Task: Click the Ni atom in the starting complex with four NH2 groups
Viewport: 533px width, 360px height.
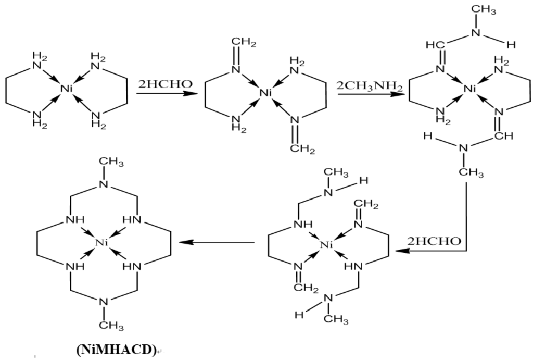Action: [66, 89]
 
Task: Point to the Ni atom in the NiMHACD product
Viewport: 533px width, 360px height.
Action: [102, 242]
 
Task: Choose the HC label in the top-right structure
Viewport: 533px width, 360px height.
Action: [433, 45]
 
